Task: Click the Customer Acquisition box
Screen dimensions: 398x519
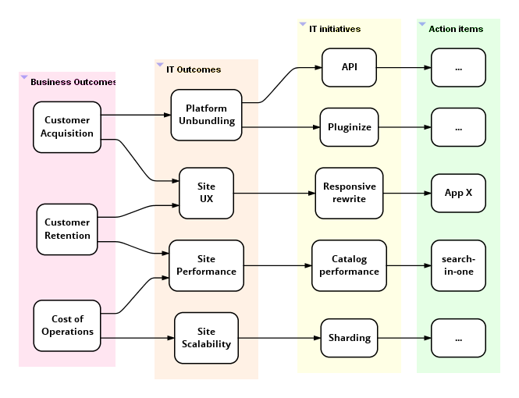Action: click(x=67, y=126)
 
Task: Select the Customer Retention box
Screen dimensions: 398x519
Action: click(x=67, y=229)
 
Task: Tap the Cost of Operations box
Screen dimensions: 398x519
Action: click(x=67, y=325)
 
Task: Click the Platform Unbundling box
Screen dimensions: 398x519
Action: click(x=207, y=115)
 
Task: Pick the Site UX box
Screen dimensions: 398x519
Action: click(x=206, y=193)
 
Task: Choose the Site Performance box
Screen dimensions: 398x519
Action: click(x=206, y=265)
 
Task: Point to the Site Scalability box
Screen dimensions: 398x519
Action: click(x=206, y=338)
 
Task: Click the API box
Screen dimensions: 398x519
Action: click(x=349, y=67)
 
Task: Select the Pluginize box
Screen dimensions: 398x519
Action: click(x=349, y=126)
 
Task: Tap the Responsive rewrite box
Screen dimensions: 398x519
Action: click(x=349, y=193)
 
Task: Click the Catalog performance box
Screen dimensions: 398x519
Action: click(x=349, y=265)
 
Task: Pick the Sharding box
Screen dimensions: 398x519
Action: click(x=349, y=338)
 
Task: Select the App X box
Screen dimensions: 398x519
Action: click(x=458, y=193)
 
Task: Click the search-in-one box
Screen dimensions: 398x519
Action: click(x=458, y=265)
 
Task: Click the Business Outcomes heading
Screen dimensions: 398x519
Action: click(x=73, y=82)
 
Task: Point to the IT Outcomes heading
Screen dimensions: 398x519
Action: click(x=194, y=69)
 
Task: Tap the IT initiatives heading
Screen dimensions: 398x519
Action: click(x=335, y=29)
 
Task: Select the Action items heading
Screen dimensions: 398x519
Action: click(x=456, y=29)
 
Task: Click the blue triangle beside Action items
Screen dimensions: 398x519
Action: click(x=422, y=24)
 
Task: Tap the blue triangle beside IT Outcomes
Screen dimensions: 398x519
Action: click(x=160, y=65)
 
